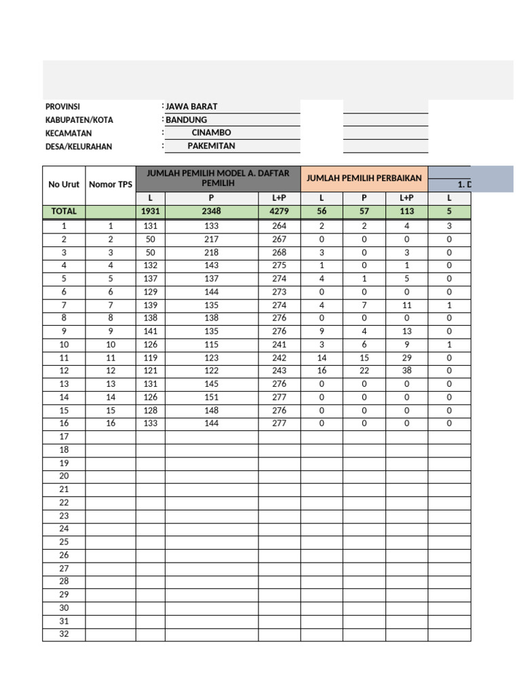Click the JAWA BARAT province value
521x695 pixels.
[x=192, y=107]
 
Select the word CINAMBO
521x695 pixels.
[x=211, y=133]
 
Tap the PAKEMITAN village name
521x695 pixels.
[x=211, y=146]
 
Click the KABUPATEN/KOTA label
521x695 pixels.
[x=79, y=120]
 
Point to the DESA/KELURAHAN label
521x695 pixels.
[x=79, y=147]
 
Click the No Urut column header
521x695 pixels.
[x=64, y=185]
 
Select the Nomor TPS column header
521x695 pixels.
[x=111, y=185]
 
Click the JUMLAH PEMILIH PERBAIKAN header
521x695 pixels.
[x=364, y=178]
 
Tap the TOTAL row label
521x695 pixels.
[x=64, y=212]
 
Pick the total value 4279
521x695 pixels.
[x=279, y=212]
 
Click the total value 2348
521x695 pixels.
[x=211, y=212]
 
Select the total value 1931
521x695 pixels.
[x=150, y=212]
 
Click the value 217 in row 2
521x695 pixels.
[x=211, y=239]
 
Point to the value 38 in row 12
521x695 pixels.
[x=407, y=371]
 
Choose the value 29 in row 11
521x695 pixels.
[x=407, y=358]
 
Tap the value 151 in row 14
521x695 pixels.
[x=211, y=397]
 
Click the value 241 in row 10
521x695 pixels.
[x=279, y=344]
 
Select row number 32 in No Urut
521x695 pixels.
[x=64, y=635]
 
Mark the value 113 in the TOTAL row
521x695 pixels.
[x=407, y=212]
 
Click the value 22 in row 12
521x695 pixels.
[x=364, y=371]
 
